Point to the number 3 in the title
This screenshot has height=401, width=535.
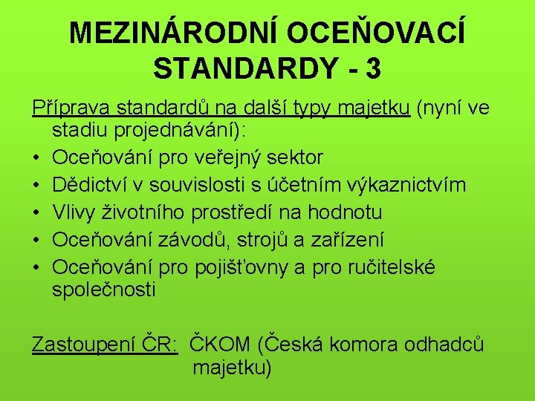pyautogui.click(x=373, y=69)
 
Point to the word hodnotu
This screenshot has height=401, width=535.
pyautogui.click(x=346, y=212)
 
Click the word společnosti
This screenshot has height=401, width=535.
pyautogui.click(x=104, y=288)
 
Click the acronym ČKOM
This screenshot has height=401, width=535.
pyautogui.click(x=221, y=345)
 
